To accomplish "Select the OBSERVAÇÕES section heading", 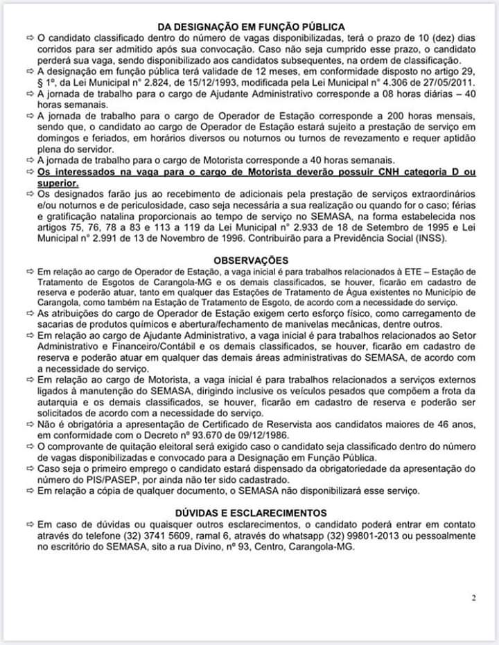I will click(249, 259).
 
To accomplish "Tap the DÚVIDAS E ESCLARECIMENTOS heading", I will click(249, 513).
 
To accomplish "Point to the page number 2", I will click(473, 599).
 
